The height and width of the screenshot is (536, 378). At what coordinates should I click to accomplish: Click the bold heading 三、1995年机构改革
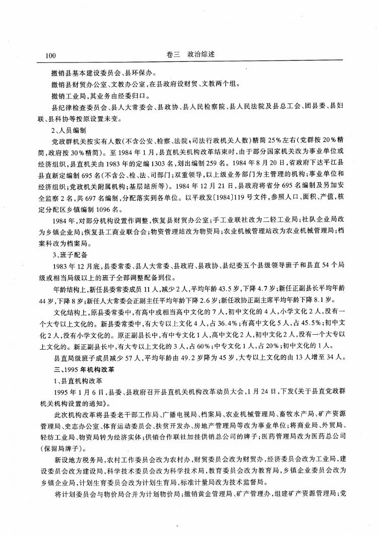pyautogui.click(x=78, y=369)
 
